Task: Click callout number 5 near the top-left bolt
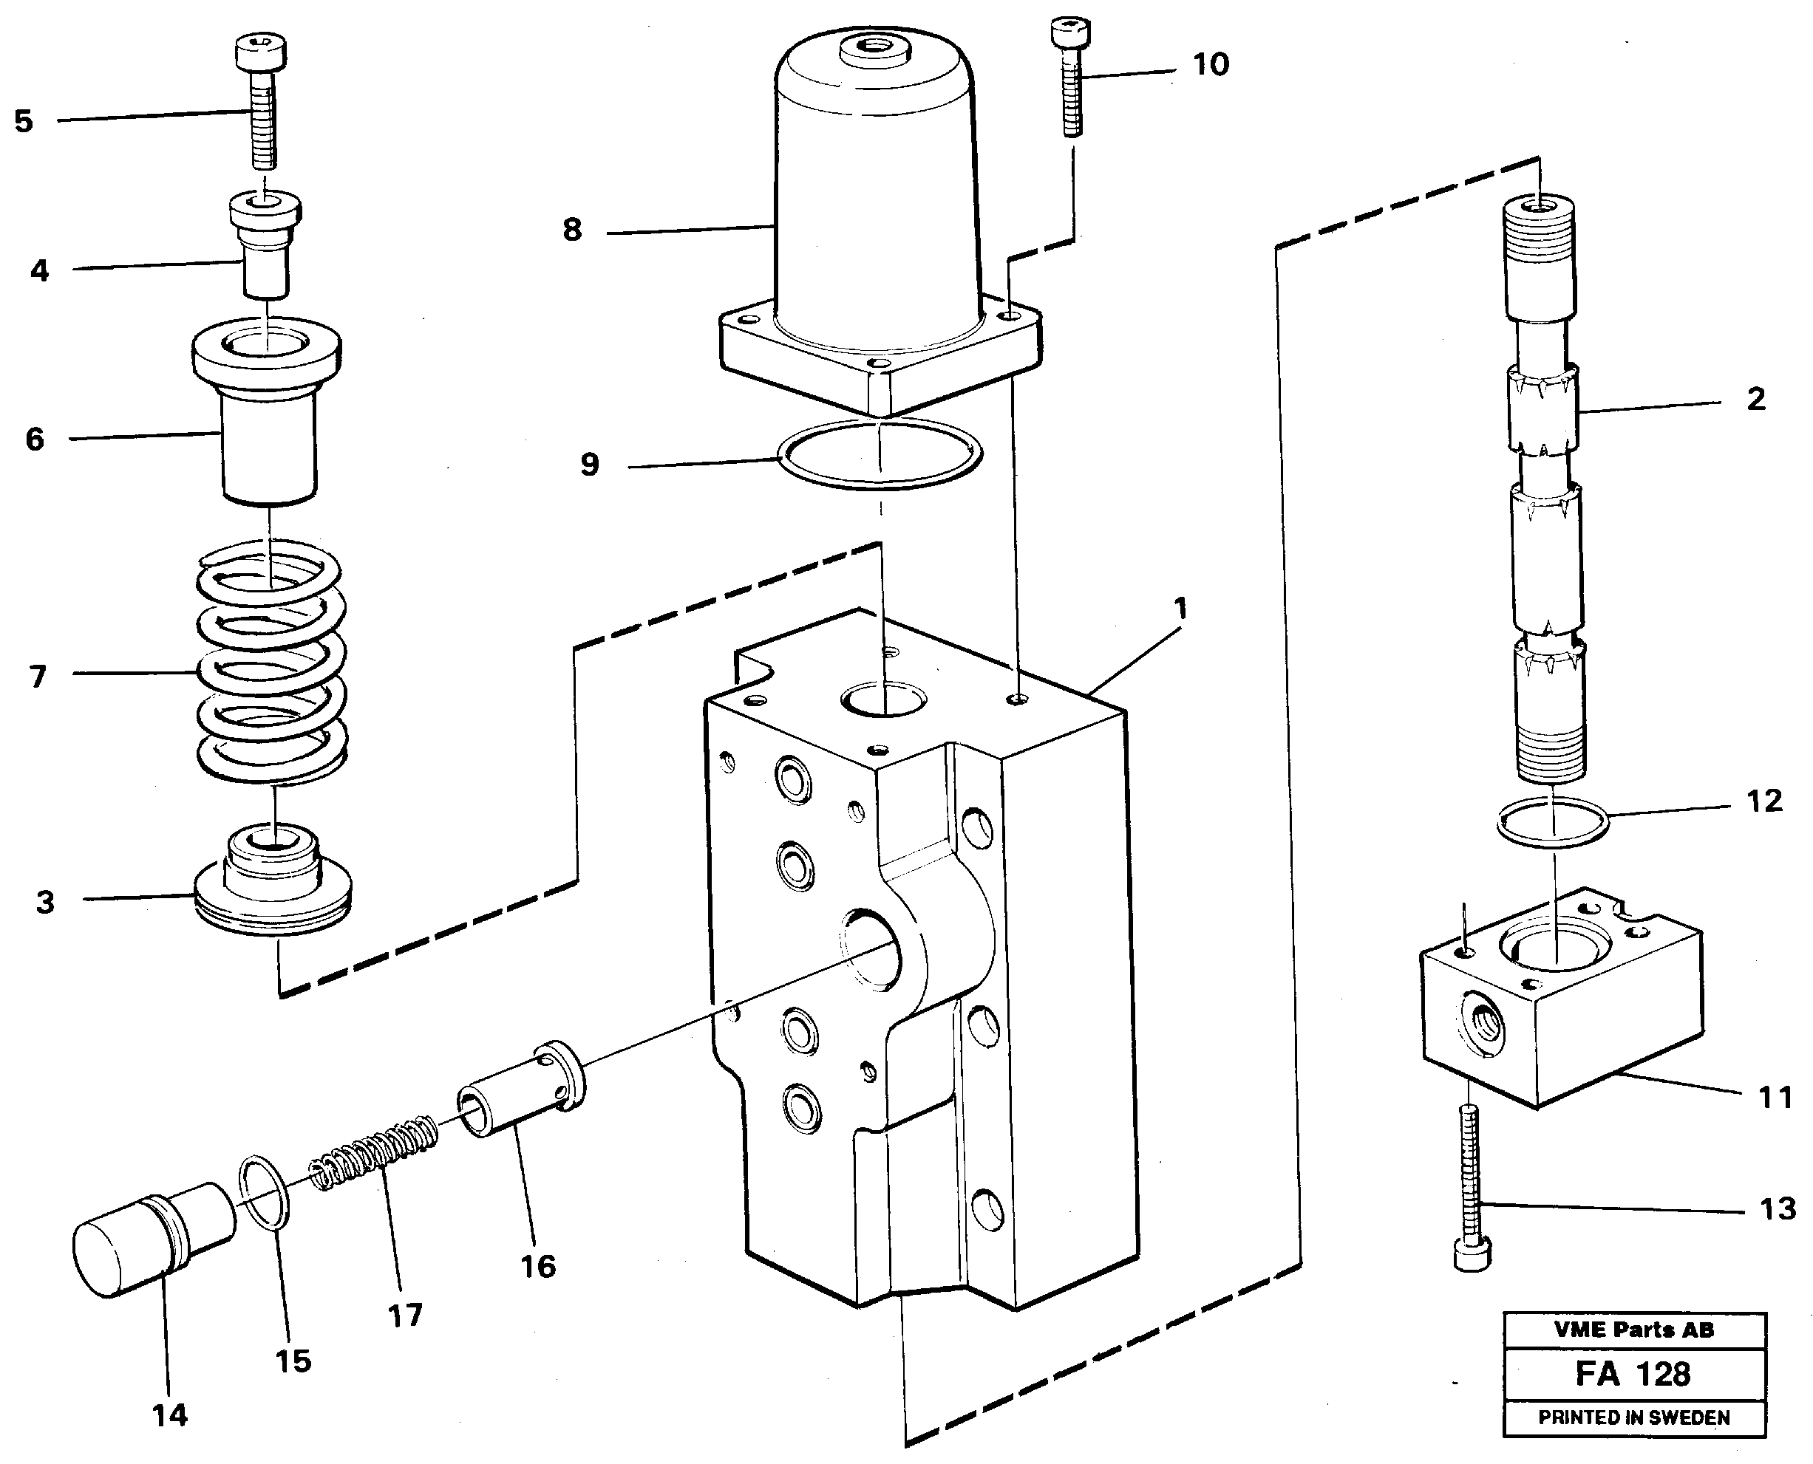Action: tap(24, 121)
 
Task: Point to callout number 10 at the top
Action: tap(1210, 65)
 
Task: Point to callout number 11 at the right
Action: tap(1775, 1098)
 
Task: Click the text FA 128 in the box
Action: tap(1633, 1374)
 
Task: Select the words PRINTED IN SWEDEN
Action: tap(1633, 1417)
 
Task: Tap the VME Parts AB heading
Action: tap(1633, 1330)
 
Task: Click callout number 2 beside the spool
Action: tap(1755, 399)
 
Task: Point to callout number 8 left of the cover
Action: tap(572, 230)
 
